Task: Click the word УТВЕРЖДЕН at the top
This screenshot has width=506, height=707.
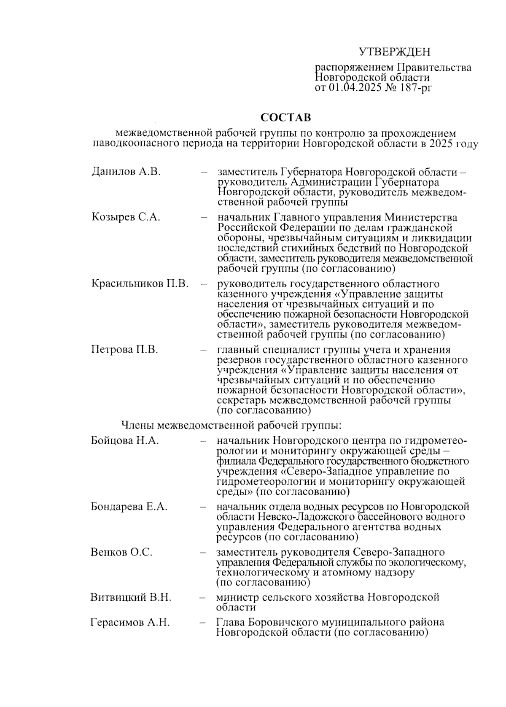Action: [395, 52]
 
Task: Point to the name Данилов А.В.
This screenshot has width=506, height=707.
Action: [126, 172]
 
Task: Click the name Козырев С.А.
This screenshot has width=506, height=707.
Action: [126, 217]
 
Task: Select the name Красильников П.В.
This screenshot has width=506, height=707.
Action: [140, 283]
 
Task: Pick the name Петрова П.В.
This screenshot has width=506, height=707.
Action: [124, 350]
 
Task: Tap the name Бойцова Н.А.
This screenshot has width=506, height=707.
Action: [125, 441]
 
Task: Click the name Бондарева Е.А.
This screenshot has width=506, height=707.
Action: [129, 507]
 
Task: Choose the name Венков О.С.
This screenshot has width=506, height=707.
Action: [121, 552]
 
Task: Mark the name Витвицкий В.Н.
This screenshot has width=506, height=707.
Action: [131, 597]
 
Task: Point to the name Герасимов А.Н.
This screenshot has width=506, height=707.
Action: [130, 622]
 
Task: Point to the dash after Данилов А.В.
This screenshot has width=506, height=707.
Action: [205, 172]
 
